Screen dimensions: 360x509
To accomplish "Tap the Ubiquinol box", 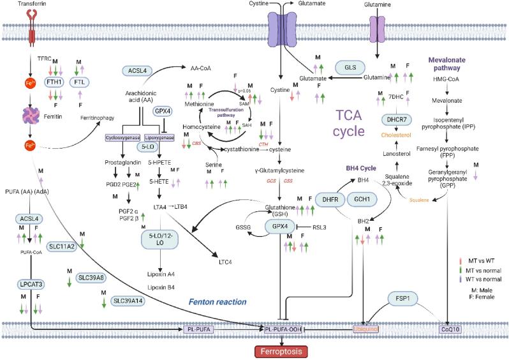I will pos(365,329).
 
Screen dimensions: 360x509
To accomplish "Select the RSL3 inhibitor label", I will pos(321,227).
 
